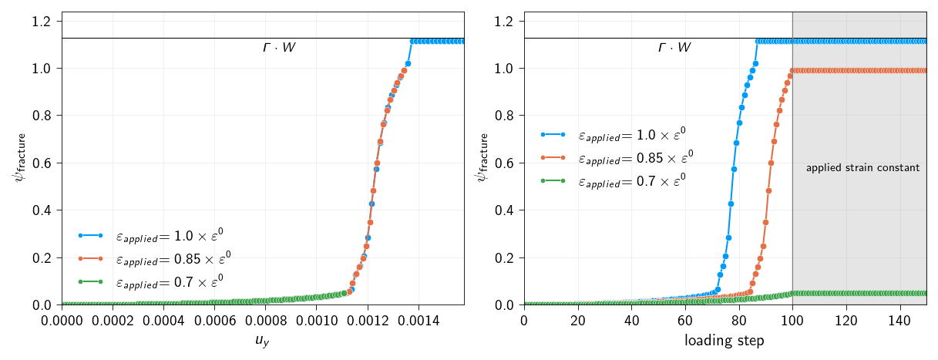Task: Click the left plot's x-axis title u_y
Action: [263, 341]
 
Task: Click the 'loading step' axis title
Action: [725, 340]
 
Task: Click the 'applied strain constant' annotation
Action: [862, 167]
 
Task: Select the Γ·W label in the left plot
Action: [279, 48]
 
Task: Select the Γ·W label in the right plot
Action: [674, 48]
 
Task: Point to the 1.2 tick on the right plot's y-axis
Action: [506, 21]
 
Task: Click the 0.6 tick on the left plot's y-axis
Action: [43, 163]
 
